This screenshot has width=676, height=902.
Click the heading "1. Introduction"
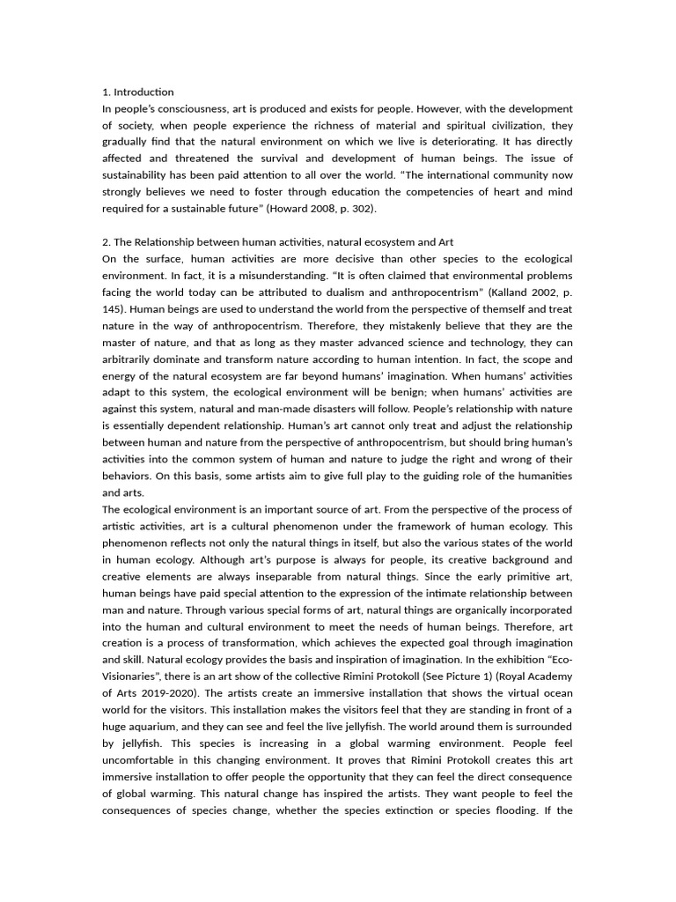click(x=137, y=92)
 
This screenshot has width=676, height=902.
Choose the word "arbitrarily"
click(x=132, y=359)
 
